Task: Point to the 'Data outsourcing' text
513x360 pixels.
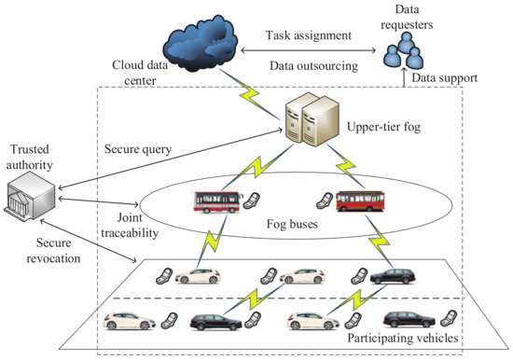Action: pos(312,67)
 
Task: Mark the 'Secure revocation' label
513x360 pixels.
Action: pos(44,253)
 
